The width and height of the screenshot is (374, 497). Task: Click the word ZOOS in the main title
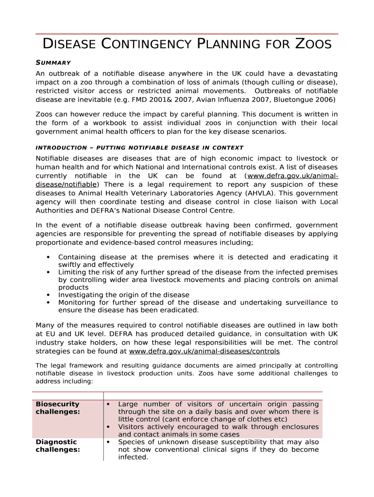click(313, 44)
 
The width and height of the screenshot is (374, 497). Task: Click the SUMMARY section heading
click(53, 63)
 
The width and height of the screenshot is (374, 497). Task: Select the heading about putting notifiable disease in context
click(139, 148)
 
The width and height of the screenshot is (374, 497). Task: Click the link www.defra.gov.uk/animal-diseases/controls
click(204, 351)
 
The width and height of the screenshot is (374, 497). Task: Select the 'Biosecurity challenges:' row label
click(57, 408)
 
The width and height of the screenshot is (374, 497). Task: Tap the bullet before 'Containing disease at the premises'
click(48, 257)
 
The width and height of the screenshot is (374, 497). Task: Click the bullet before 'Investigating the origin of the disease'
click(48, 295)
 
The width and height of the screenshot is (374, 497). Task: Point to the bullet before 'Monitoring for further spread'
click(48, 302)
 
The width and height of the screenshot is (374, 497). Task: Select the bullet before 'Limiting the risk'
click(48, 272)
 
